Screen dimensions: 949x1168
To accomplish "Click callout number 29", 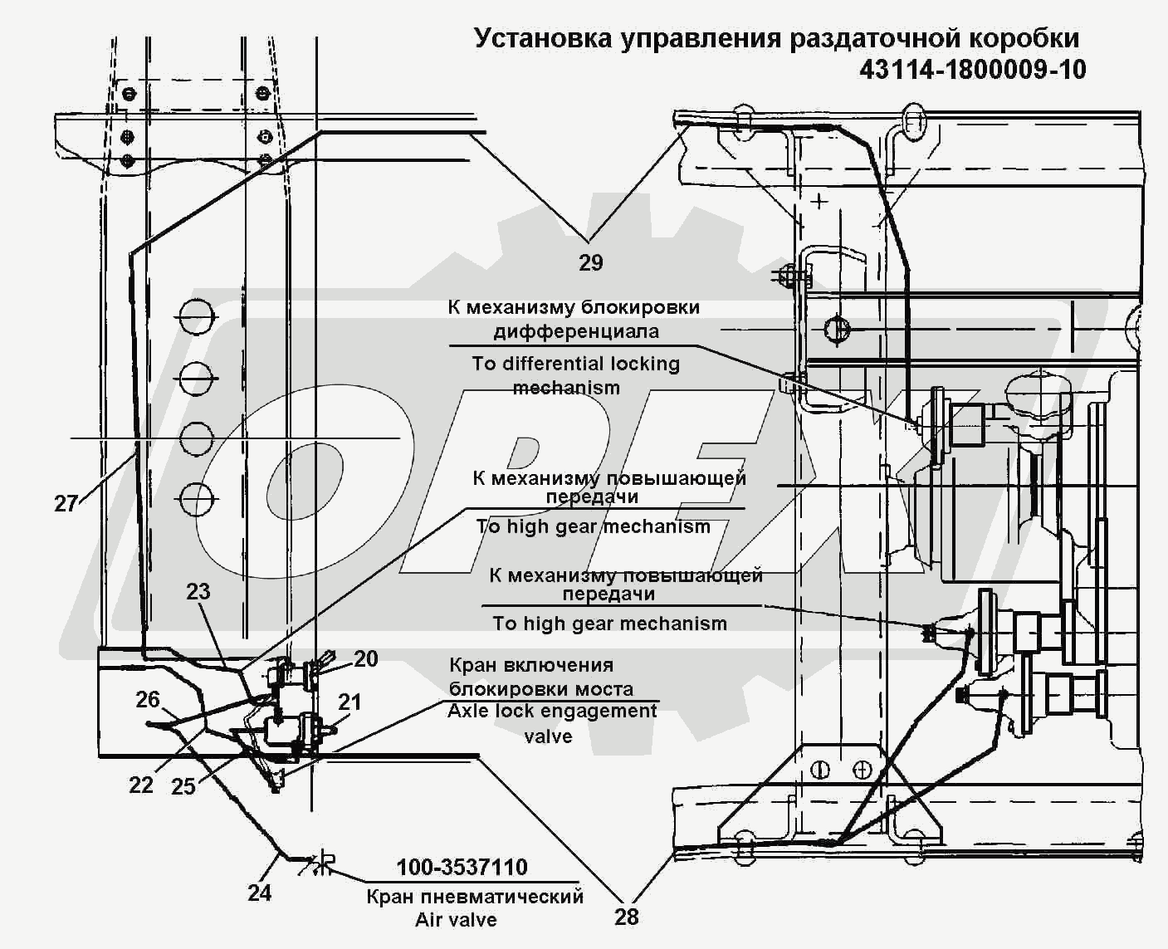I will point(590,263).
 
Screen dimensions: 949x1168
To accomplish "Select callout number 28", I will point(627,917).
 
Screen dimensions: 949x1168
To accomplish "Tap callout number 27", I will point(66,503).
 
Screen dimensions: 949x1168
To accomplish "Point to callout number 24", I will point(260,893).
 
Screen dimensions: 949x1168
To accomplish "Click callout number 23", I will point(198,592).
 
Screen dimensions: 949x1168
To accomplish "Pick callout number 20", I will point(366,659).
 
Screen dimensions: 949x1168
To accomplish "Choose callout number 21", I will point(350,702).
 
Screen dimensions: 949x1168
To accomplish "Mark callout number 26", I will point(148,699).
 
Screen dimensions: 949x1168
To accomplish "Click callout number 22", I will point(141,785).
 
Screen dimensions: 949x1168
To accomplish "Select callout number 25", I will point(183,786).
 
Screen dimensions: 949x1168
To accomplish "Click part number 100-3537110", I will point(462,868).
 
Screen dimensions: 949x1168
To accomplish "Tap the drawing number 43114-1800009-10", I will point(972,70).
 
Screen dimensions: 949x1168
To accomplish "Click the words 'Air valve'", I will point(456,920).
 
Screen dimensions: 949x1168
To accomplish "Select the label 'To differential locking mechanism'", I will point(575,376).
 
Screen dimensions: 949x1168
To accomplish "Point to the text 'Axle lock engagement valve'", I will point(552,723).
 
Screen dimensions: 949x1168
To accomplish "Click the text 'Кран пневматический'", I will point(475,897).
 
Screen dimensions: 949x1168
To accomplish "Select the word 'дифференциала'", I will point(576,331).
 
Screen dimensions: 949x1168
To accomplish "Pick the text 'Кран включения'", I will point(531,665).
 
